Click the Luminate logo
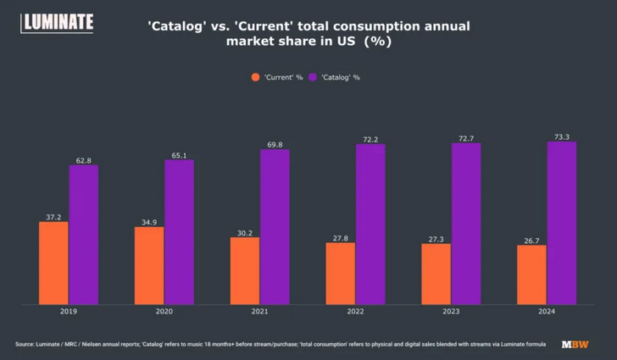coord(57,23)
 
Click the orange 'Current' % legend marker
coord(255,77)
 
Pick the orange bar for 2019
coord(53,263)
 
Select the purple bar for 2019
coord(84,235)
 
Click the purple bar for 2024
coord(562,223)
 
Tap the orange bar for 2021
coord(245,270)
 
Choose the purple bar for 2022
coord(370,224)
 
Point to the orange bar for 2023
coord(436,274)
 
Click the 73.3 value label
coord(562,136)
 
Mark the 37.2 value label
coord(53,216)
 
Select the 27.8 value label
coord(341,237)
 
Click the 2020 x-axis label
coord(164,312)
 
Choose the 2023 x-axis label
coord(451,312)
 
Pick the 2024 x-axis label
coord(547,312)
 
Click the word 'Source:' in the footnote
coord(27,344)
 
